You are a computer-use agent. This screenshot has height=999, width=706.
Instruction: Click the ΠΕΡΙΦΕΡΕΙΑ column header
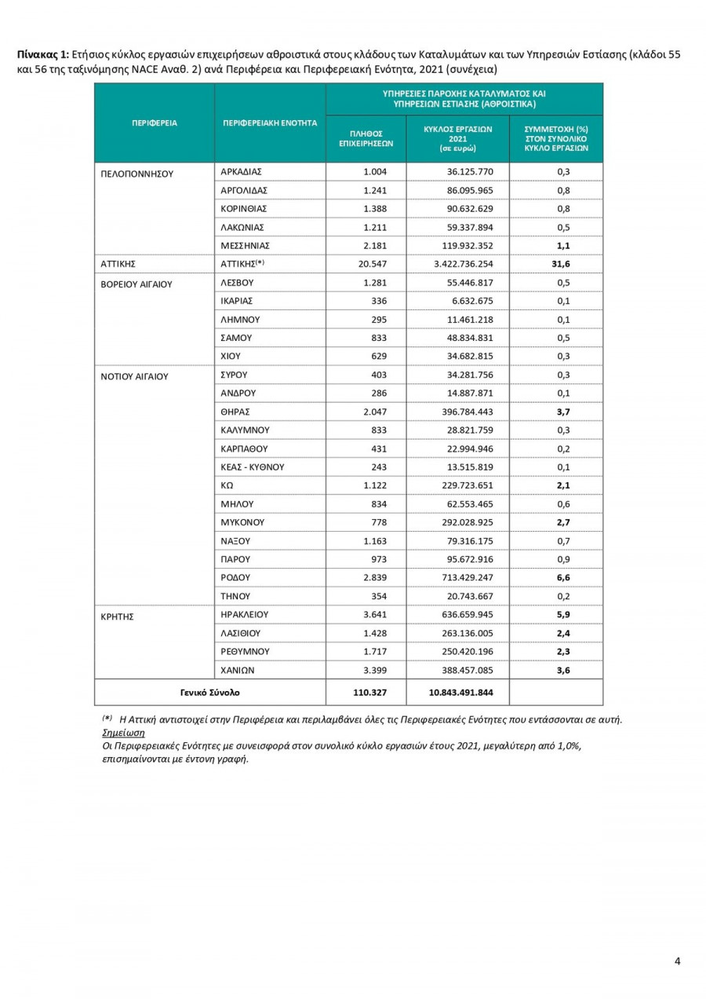[154, 123]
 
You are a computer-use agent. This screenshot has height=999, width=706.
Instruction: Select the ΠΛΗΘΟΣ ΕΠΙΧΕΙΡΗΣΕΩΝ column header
[366, 139]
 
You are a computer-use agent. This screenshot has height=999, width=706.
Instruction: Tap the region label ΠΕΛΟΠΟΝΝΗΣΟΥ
[136, 174]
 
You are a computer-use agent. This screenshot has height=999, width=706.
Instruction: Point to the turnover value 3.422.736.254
[460, 264]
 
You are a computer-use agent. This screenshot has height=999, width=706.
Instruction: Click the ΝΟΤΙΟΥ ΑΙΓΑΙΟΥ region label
[135, 376]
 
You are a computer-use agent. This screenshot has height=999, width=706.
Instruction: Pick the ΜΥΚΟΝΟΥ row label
[243, 522]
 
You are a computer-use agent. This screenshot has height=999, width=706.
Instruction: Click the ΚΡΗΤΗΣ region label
[117, 617]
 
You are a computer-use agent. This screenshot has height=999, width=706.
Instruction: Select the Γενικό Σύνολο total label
[209, 693]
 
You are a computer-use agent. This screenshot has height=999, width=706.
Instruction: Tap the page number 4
[678, 962]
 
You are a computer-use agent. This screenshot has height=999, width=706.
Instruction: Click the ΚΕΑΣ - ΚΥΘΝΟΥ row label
[252, 467]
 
